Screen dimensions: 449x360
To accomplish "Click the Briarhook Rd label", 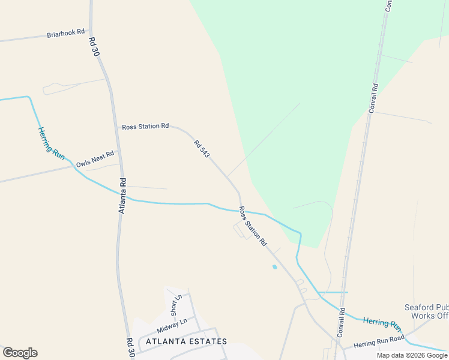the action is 66,34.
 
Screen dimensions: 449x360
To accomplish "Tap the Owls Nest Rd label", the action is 95,159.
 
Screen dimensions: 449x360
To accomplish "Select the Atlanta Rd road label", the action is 122,196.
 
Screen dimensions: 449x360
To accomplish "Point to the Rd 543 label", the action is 202,149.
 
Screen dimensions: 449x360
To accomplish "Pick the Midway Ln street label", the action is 172,326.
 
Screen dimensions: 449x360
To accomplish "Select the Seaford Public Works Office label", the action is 427,311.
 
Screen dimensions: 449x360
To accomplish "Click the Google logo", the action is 20,353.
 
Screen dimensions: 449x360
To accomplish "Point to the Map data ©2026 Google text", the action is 412,355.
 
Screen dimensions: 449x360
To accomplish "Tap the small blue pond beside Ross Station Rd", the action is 274,266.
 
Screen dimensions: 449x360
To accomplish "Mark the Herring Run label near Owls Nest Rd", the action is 51,142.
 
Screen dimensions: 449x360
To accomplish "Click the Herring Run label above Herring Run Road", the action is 382,324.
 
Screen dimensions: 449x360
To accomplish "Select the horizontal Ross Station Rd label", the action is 145,127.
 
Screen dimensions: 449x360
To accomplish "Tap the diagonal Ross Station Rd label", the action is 253,226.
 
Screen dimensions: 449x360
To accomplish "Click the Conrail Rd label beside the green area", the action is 373,98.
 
